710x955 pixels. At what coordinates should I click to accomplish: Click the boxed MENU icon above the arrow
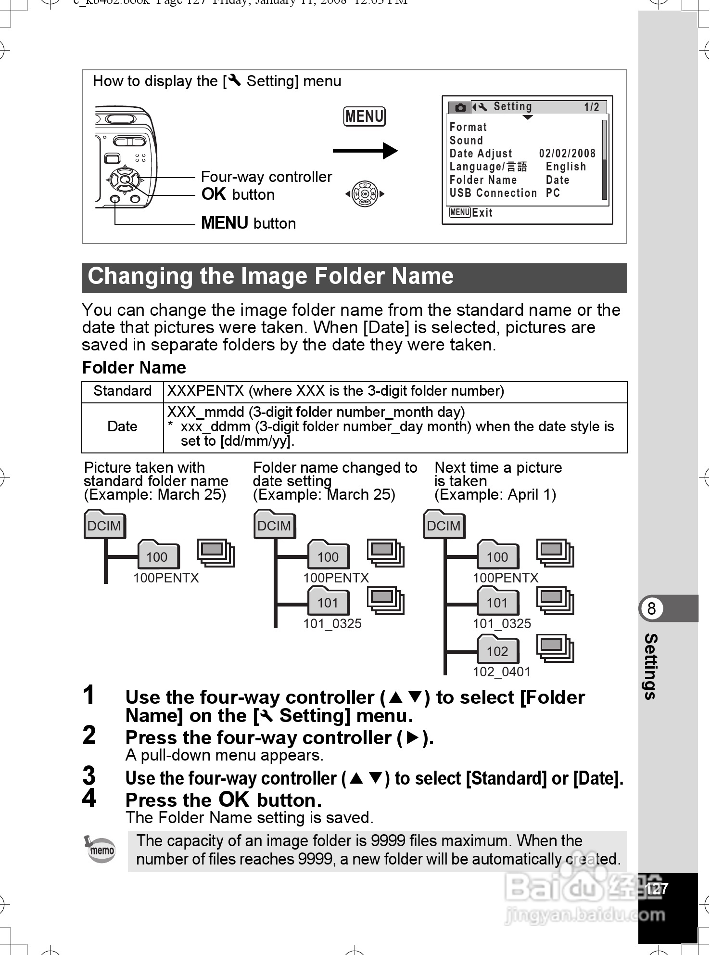[x=364, y=116]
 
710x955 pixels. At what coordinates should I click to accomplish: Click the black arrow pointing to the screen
[x=365, y=151]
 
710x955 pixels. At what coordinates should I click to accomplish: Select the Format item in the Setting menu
[x=468, y=127]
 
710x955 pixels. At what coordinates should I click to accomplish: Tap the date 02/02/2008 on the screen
[x=567, y=154]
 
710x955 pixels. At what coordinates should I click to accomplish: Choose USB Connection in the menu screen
[x=493, y=193]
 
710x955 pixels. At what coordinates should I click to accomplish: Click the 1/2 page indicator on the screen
[x=591, y=107]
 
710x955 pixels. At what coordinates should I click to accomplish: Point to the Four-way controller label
[x=266, y=177]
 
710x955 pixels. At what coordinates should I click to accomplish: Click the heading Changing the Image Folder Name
[x=270, y=277]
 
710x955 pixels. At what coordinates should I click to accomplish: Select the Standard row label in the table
[x=122, y=391]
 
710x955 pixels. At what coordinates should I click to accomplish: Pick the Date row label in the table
[x=122, y=426]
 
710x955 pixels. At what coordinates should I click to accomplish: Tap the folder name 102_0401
[x=501, y=671]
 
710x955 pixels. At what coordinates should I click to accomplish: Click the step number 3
[x=89, y=775]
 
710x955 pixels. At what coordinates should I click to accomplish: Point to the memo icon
[x=100, y=850]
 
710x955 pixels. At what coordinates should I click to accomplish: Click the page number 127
[x=657, y=888]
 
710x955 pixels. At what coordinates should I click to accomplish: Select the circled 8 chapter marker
[x=651, y=608]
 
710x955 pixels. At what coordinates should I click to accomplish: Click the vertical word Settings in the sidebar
[x=651, y=666]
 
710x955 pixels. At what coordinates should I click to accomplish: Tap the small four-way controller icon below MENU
[x=365, y=194]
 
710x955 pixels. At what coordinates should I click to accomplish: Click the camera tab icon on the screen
[x=460, y=107]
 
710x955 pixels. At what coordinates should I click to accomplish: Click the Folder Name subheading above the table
[x=134, y=368]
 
